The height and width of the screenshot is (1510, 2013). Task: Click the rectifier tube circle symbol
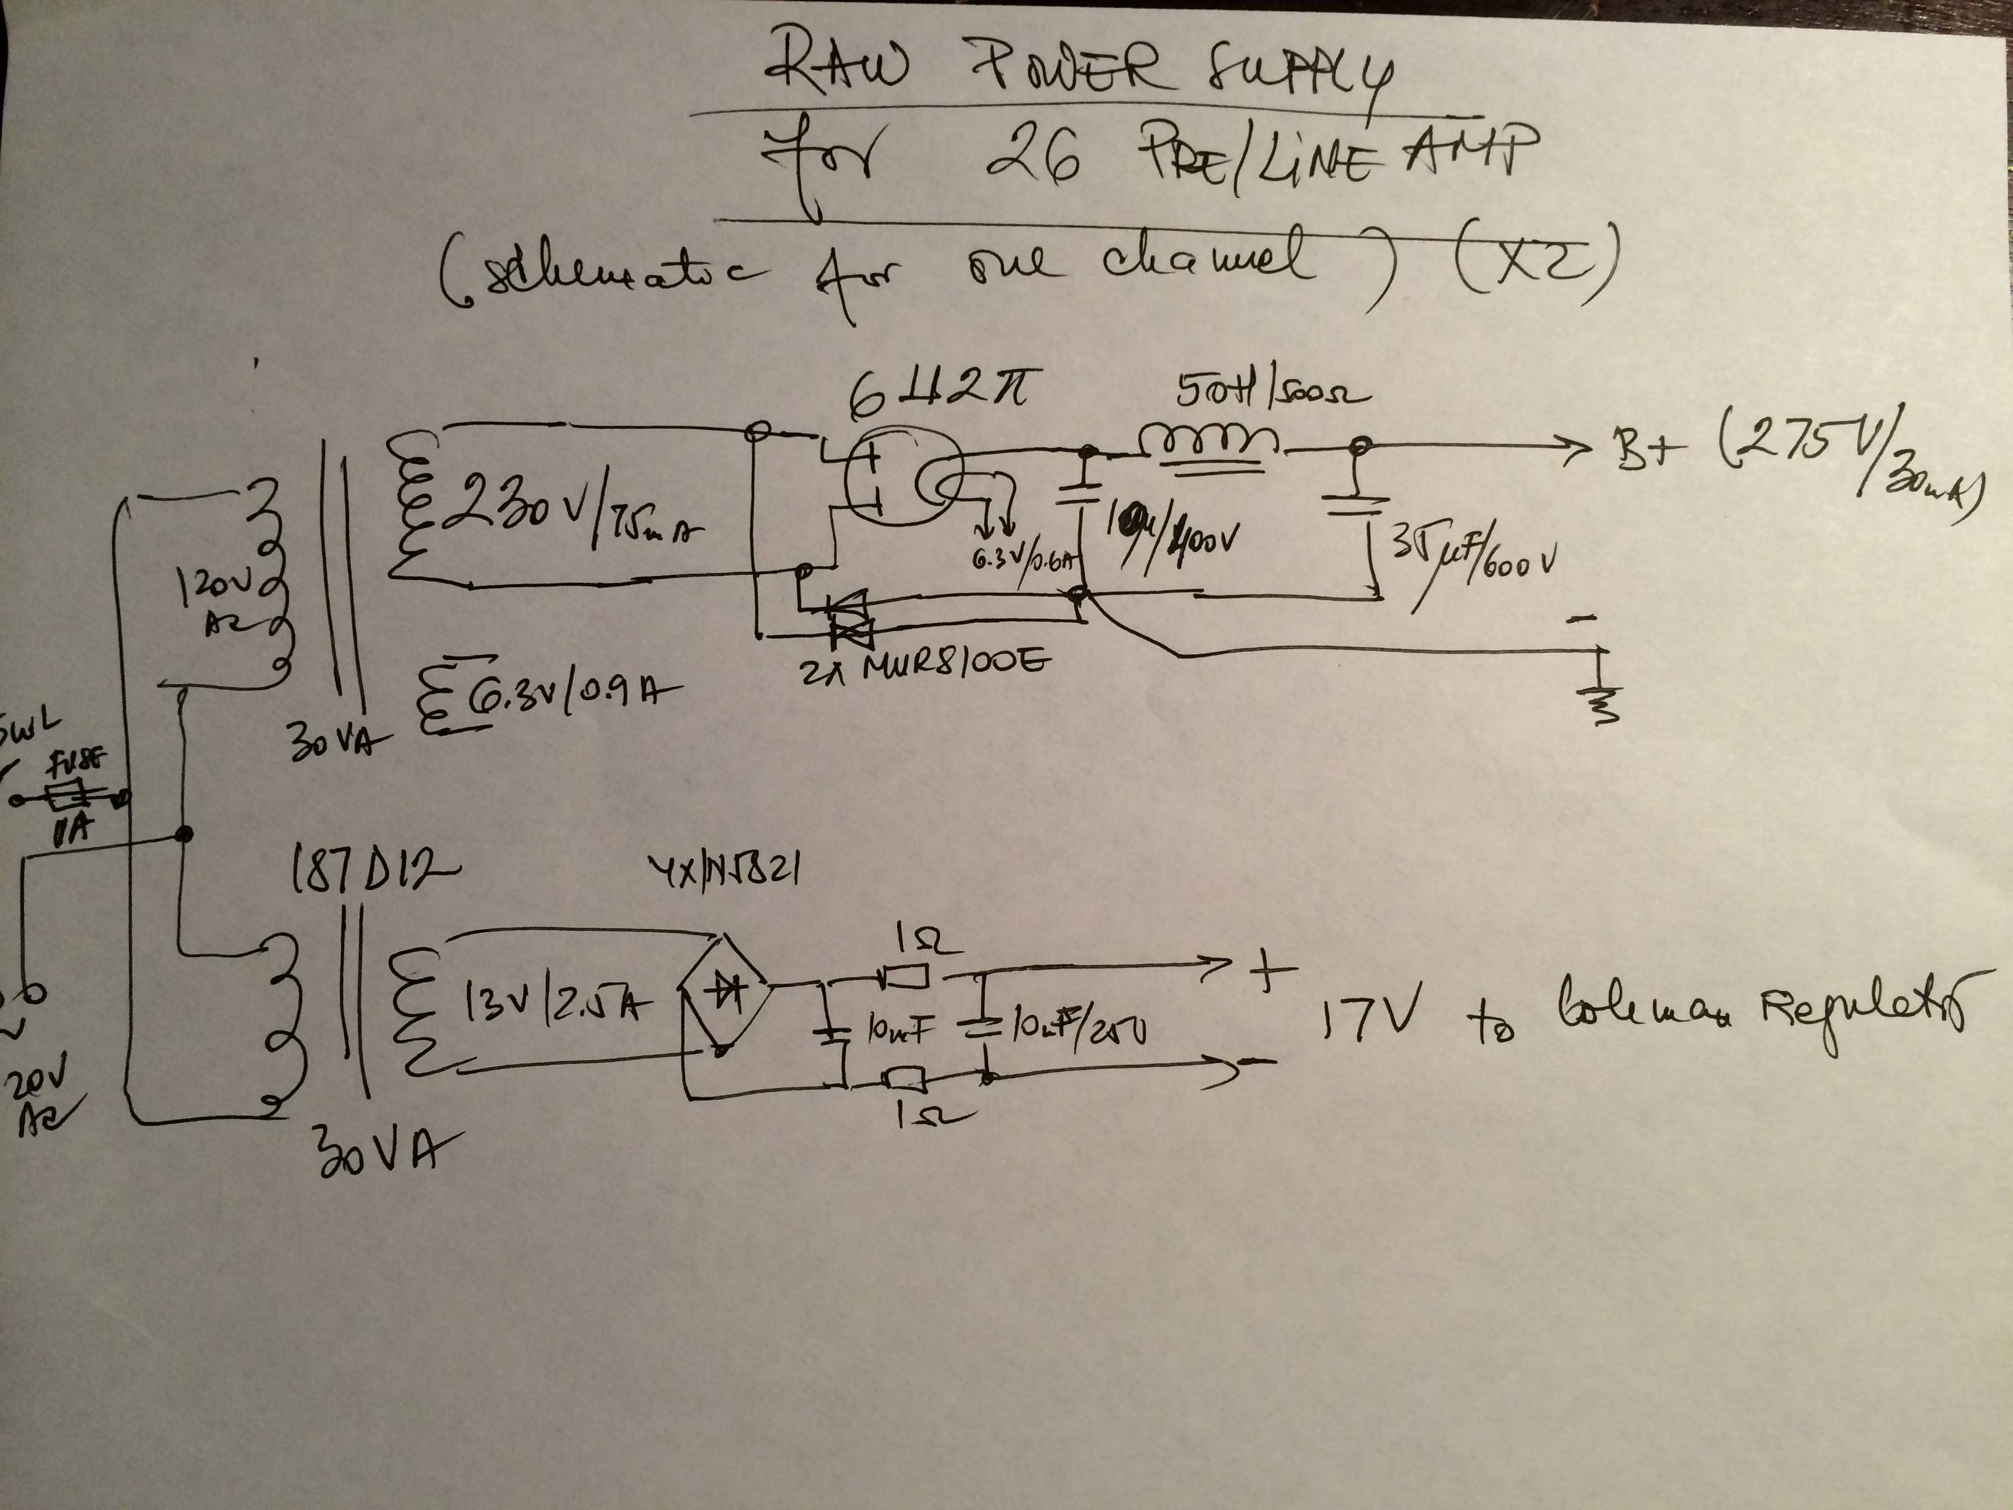pyautogui.click(x=901, y=479)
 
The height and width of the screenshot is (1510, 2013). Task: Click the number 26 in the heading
pyautogui.click(x=1033, y=159)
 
